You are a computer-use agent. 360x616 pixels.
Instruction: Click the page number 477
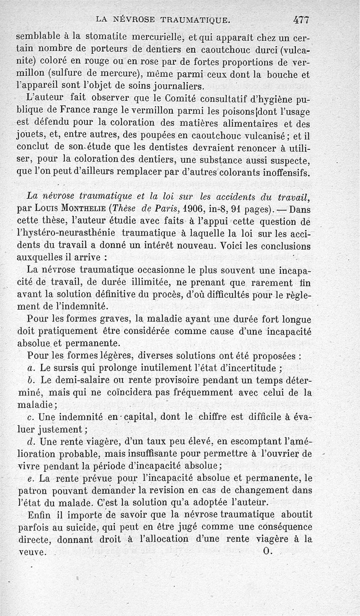(302, 19)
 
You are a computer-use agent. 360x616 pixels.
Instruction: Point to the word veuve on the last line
(32, 551)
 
